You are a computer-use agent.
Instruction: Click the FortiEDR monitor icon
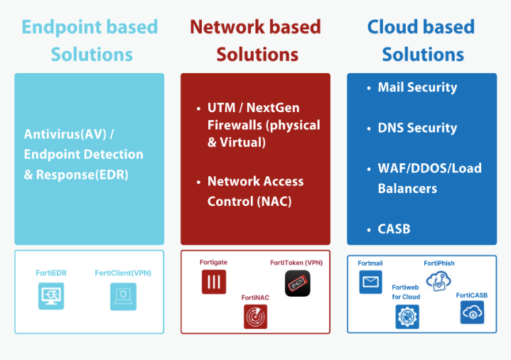tap(51, 296)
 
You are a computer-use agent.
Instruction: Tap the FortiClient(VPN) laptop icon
tap(123, 296)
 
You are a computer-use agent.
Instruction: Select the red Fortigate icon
tap(213, 282)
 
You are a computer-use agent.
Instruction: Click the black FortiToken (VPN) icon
tap(298, 283)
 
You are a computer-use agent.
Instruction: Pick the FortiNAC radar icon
tap(256, 317)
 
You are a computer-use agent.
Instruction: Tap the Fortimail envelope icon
tap(371, 283)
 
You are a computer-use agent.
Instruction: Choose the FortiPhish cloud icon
tap(439, 281)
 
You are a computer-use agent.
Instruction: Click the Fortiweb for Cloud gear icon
tap(407, 317)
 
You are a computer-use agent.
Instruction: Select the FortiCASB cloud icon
tap(472, 312)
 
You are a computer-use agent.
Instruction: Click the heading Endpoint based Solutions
tap(90, 40)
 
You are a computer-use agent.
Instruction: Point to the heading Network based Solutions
tap(255, 40)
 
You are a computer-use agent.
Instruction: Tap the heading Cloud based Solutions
tap(421, 40)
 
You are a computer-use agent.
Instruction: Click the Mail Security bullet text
tap(417, 87)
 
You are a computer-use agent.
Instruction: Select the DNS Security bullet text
tap(417, 128)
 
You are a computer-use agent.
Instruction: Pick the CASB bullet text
tap(394, 229)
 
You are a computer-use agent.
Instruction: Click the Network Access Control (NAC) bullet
tap(255, 191)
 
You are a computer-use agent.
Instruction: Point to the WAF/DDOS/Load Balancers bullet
tap(429, 178)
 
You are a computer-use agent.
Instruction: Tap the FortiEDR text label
tap(51, 273)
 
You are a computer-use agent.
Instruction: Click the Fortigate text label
tap(213, 263)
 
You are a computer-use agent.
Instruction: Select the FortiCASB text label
tap(472, 295)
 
